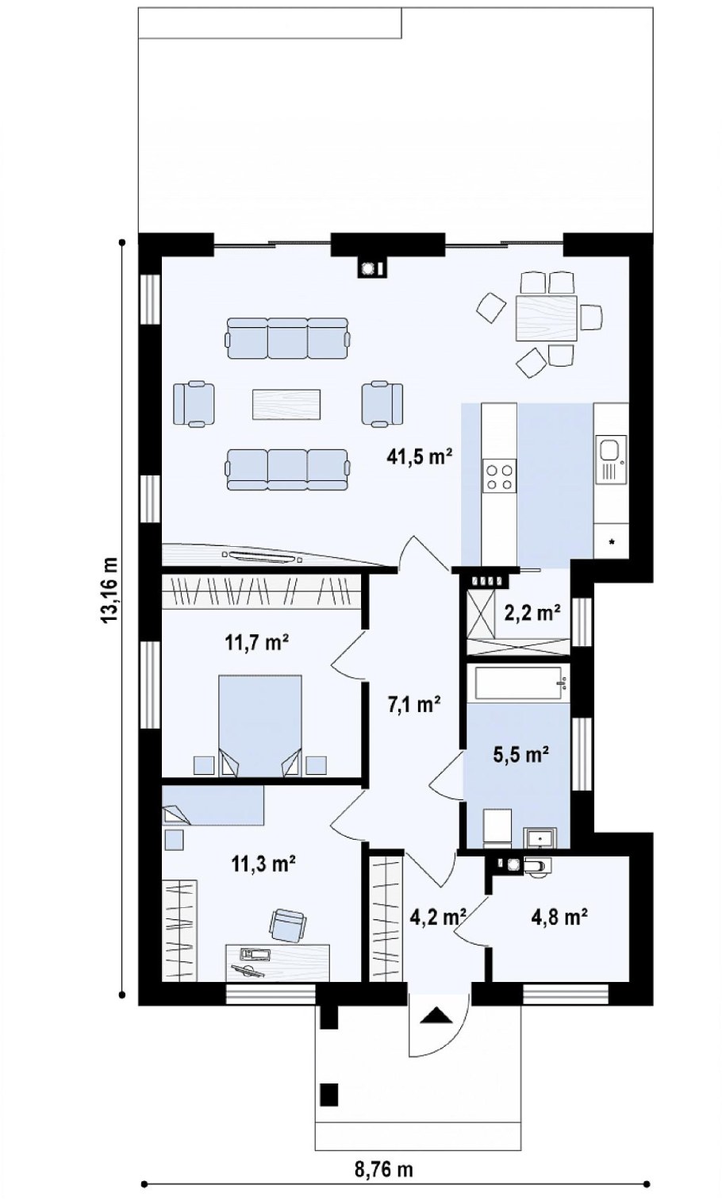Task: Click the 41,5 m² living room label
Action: [x=420, y=456]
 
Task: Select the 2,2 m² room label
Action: [x=533, y=612]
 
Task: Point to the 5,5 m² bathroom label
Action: [x=520, y=754]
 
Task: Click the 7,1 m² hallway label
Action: [x=414, y=703]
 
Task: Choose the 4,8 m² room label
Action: [x=559, y=917]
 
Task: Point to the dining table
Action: [x=546, y=318]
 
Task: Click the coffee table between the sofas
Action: [x=286, y=404]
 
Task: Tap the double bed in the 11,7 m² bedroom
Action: [x=260, y=726]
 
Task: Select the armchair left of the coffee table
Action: [x=194, y=404]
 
